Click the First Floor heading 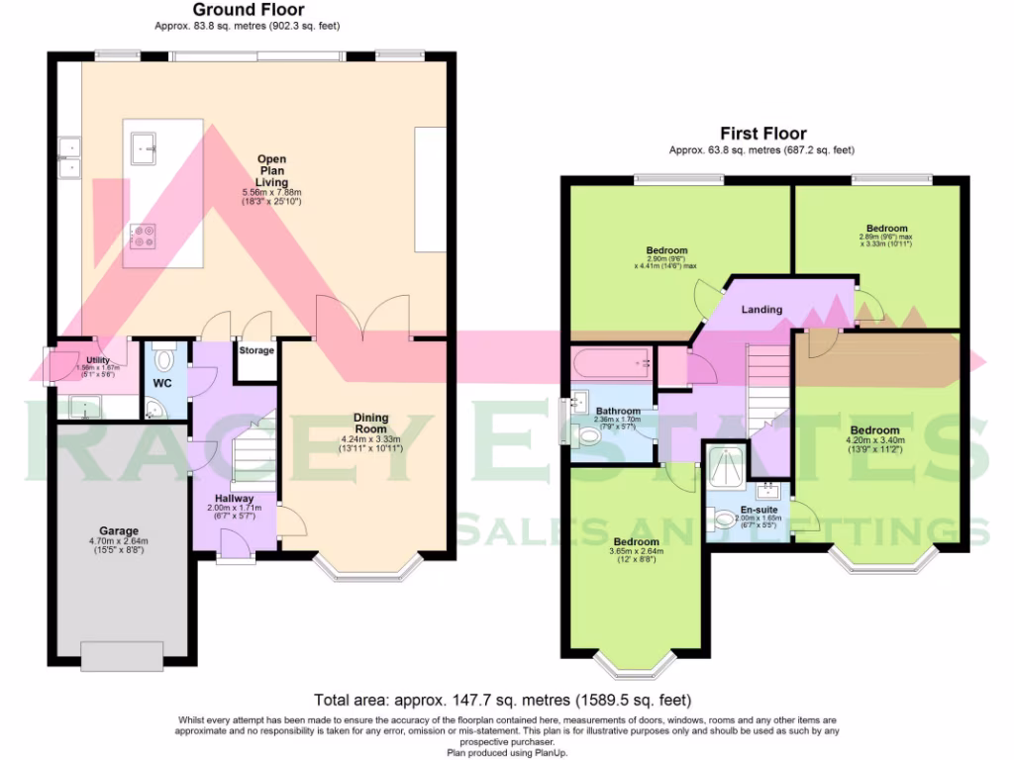tap(762, 134)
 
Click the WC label tap(162, 383)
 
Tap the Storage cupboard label tap(256, 350)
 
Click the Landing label tap(761, 310)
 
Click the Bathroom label tap(618, 411)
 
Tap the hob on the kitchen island tap(142, 236)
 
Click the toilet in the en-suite tap(724, 517)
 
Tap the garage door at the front tap(122, 653)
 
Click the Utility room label tap(97, 361)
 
